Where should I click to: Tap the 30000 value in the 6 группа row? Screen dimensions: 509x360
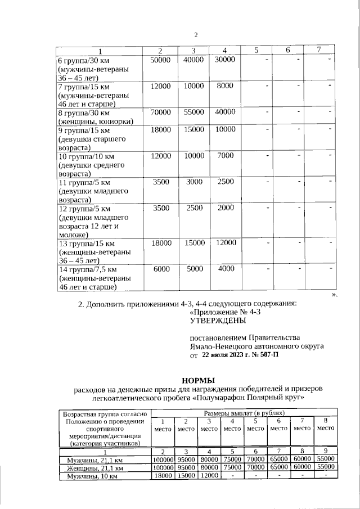click(x=225, y=60)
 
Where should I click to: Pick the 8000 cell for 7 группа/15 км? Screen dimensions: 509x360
click(x=225, y=85)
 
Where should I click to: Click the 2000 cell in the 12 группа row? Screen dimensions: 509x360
click(x=225, y=208)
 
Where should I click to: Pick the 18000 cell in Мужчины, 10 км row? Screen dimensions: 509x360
click(x=162, y=475)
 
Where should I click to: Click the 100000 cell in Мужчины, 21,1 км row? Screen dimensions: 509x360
click(x=162, y=459)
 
